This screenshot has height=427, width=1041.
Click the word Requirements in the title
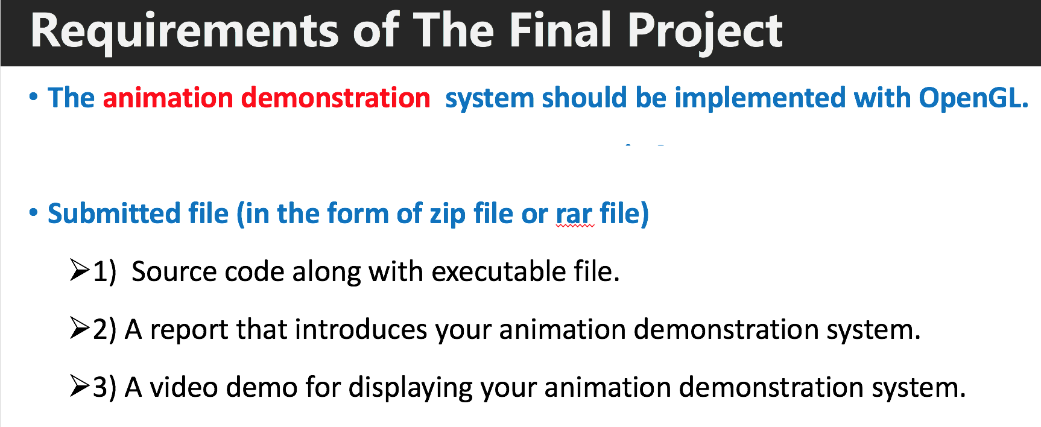coord(185,31)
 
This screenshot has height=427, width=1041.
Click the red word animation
coord(168,98)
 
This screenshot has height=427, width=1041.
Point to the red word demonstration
coord(335,98)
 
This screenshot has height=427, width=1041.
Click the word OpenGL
coord(973,98)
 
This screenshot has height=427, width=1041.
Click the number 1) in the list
coord(104,271)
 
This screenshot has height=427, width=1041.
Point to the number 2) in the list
coord(104,329)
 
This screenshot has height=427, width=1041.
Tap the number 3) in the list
coord(104,387)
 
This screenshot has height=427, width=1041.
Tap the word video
coord(183,387)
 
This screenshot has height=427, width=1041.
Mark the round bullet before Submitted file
coord(34,212)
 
